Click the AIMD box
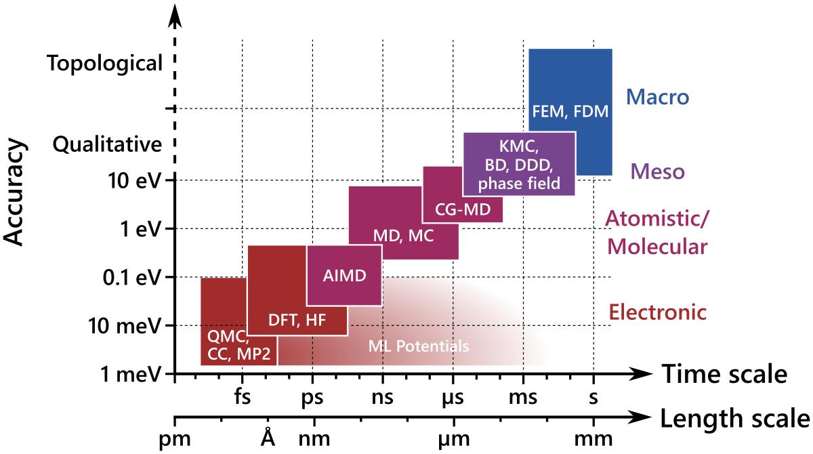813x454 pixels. point(343,276)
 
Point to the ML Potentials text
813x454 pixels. point(418,346)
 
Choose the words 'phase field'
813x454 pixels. point(519,182)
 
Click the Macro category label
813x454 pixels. point(657,98)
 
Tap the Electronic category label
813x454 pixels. point(658,312)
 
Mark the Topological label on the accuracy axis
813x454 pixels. point(105,64)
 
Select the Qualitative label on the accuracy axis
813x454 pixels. point(108,144)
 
